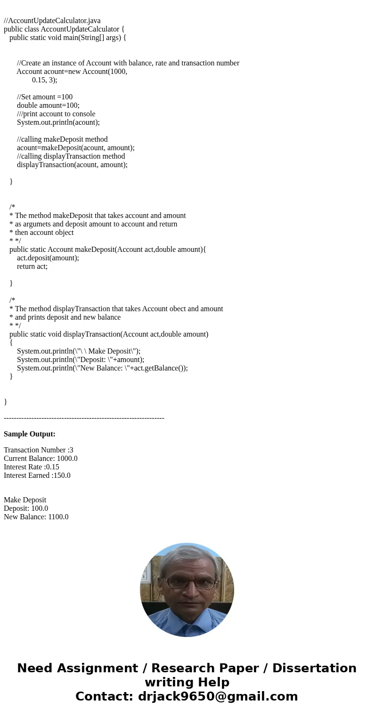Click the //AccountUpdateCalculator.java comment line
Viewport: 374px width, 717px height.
pyautogui.click(x=52, y=21)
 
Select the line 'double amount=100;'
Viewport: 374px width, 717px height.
pyautogui.click(x=48, y=105)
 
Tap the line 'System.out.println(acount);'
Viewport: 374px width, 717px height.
pyautogui.click(x=58, y=122)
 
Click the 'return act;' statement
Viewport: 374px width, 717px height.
pyautogui.click(x=32, y=266)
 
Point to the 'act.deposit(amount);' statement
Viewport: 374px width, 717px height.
pyautogui.click(x=48, y=258)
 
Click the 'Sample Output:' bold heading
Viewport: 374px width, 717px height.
pyautogui.click(x=30, y=434)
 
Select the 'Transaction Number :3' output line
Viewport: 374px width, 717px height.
pyautogui.click(x=38, y=450)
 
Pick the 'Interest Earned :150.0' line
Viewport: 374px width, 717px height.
pyautogui.click(x=37, y=475)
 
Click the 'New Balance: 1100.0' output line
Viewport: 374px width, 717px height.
pyautogui.click(x=36, y=517)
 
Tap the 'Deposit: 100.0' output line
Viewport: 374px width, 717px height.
pyautogui.click(x=26, y=508)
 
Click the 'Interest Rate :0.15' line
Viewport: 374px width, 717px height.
pyautogui.click(x=31, y=467)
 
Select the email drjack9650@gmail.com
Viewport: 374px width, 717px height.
pyautogui.click(x=218, y=697)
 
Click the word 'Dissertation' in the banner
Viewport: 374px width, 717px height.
pyautogui.click(x=314, y=669)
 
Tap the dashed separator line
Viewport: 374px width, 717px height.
pyautogui.click(x=84, y=418)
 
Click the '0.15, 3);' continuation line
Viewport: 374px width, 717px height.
pyautogui.click(x=44, y=80)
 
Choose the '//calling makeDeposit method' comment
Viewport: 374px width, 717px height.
pyautogui.click(x=62, y=139)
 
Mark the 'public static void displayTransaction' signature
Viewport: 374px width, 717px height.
pyautogui.click(x=108, y=334)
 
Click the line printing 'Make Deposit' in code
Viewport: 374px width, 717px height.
pyautogui.click(x=78, y=351)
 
